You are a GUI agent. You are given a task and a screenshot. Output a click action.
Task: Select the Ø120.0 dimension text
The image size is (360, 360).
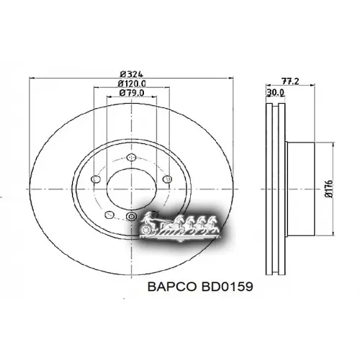click(x=130, y=83)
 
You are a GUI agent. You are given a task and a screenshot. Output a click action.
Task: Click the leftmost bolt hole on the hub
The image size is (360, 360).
click(x=94, y=179)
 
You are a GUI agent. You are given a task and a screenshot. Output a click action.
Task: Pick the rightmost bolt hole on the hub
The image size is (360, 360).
click(x=167, y=179)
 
